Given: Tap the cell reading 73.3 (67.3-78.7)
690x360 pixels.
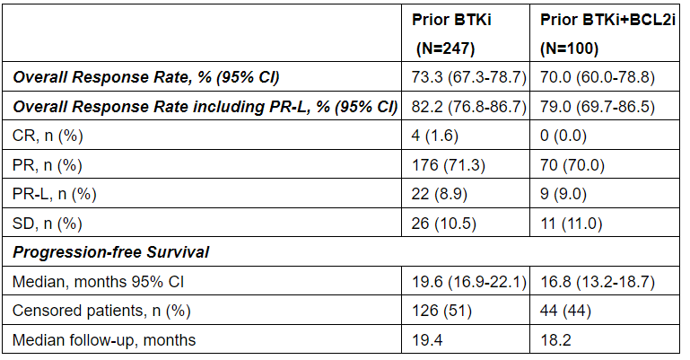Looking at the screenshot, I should coord(467,78).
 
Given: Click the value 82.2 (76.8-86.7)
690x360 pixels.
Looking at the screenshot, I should coord(467,107).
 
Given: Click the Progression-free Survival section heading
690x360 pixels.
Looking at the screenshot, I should coord(111,252).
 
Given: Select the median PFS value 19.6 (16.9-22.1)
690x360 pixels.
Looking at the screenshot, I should coord(467,282).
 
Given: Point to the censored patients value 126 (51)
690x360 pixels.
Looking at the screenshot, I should coord(441,311).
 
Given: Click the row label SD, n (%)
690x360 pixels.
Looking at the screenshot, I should coord(48,224).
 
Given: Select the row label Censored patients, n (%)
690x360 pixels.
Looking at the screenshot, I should coord(96,311).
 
